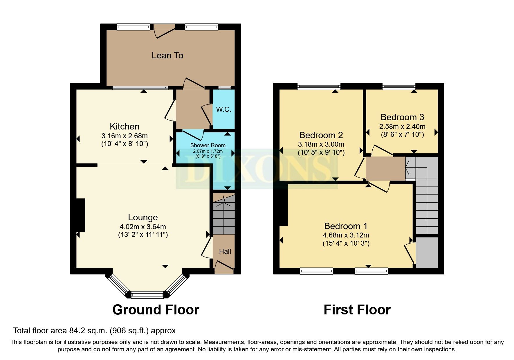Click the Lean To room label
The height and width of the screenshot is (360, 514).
(167, 55)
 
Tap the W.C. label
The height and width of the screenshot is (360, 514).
(223, 109)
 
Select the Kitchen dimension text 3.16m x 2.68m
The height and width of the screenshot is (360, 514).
(125, 136)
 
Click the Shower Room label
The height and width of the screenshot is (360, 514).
(208, 145)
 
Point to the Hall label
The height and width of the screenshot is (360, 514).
(225, 251)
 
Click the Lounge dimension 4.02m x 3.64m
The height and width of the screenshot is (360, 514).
(143, 227)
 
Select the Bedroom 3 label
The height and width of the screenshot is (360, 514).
(402, 117)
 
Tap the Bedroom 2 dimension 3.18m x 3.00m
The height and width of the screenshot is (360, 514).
(321, 144)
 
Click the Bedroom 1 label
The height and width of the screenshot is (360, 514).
(346, 226)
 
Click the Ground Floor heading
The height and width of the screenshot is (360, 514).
(156, 310)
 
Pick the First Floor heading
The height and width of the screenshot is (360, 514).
(357, 310)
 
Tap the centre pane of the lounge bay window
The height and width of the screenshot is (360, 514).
(147, 296)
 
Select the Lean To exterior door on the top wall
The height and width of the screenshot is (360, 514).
(164, 30)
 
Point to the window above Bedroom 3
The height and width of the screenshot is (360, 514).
(399, 86)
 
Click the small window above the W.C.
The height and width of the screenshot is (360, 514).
(225, 88)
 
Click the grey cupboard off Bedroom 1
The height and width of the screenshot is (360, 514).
(427, 252)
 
